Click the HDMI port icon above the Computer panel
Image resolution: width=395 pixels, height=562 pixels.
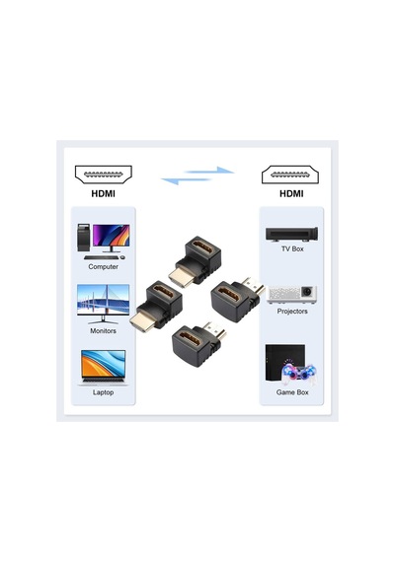(104, 175)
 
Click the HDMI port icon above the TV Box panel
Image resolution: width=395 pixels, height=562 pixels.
(290, 175)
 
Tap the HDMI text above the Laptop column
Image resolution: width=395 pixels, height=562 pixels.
(103, 194)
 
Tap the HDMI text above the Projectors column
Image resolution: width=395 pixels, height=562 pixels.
(291, 194)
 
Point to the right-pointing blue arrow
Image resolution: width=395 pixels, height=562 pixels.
(210, 171)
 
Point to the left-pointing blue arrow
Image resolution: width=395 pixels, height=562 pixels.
(185, 180)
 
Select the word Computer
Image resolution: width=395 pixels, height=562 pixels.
(103, 266)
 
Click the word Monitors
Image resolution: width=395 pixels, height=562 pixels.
(103, 331)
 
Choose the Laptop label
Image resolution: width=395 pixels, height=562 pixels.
(103, 392)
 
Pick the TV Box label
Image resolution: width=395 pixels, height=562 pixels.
(292, 248)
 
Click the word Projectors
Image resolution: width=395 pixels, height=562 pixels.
(292, 312)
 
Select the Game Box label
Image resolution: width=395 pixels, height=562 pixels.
(292, 392)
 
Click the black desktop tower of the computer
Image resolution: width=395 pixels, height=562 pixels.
(83, 238)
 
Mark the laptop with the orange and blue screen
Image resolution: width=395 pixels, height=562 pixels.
(103, 368)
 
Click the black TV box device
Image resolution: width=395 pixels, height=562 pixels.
(291, 234)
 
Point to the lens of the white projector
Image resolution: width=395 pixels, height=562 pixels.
(306, 292)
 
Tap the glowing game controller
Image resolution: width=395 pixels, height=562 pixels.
(299, 374)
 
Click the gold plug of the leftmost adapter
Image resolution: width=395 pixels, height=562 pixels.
(142, 320)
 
